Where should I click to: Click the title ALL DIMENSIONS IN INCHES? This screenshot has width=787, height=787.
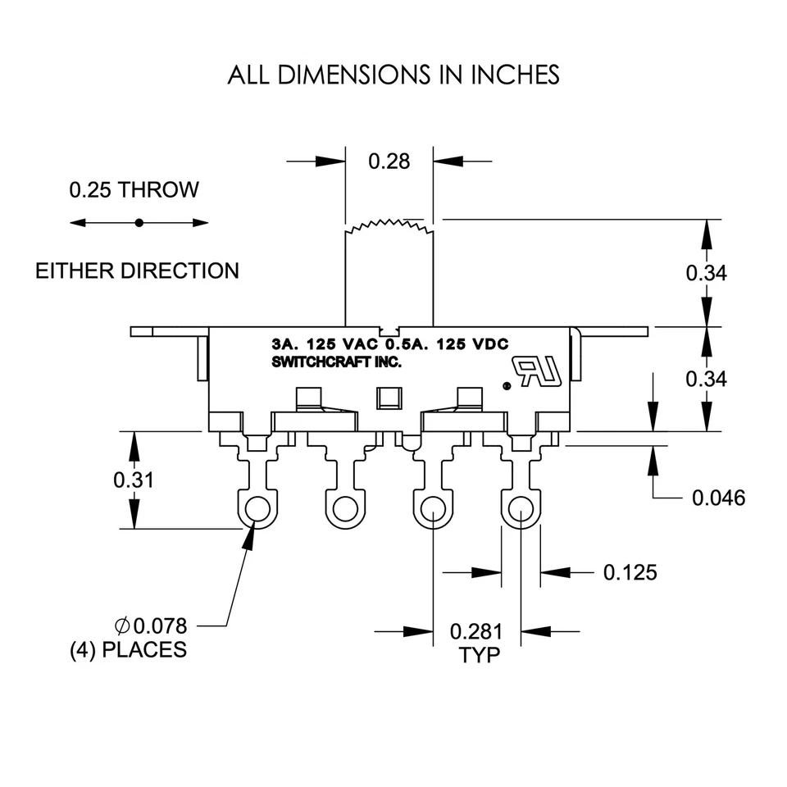point(393,75)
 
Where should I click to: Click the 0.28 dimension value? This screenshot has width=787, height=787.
point(389,161)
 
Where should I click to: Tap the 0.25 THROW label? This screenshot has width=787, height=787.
point(134,190)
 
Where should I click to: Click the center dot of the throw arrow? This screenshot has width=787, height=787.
point(139,222)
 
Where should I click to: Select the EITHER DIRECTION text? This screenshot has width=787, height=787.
point(137,271)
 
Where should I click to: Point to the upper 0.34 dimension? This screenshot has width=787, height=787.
point(706,273)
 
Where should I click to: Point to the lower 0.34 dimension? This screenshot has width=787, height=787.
point(706,379)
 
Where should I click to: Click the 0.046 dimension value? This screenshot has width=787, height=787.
point(719,498)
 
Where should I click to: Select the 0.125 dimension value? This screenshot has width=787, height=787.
point(630,572)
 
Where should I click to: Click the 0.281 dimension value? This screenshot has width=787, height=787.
point(476,632)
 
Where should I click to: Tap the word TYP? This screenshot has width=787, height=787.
point(476,656)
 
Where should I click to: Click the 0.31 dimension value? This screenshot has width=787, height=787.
point(134,480)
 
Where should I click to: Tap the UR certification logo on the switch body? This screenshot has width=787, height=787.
point(539,371)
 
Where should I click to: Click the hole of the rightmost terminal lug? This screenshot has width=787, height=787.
point(520,512)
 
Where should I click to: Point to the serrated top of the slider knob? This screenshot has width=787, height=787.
point(389,226)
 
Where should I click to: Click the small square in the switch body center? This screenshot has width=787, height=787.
point(386,399)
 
